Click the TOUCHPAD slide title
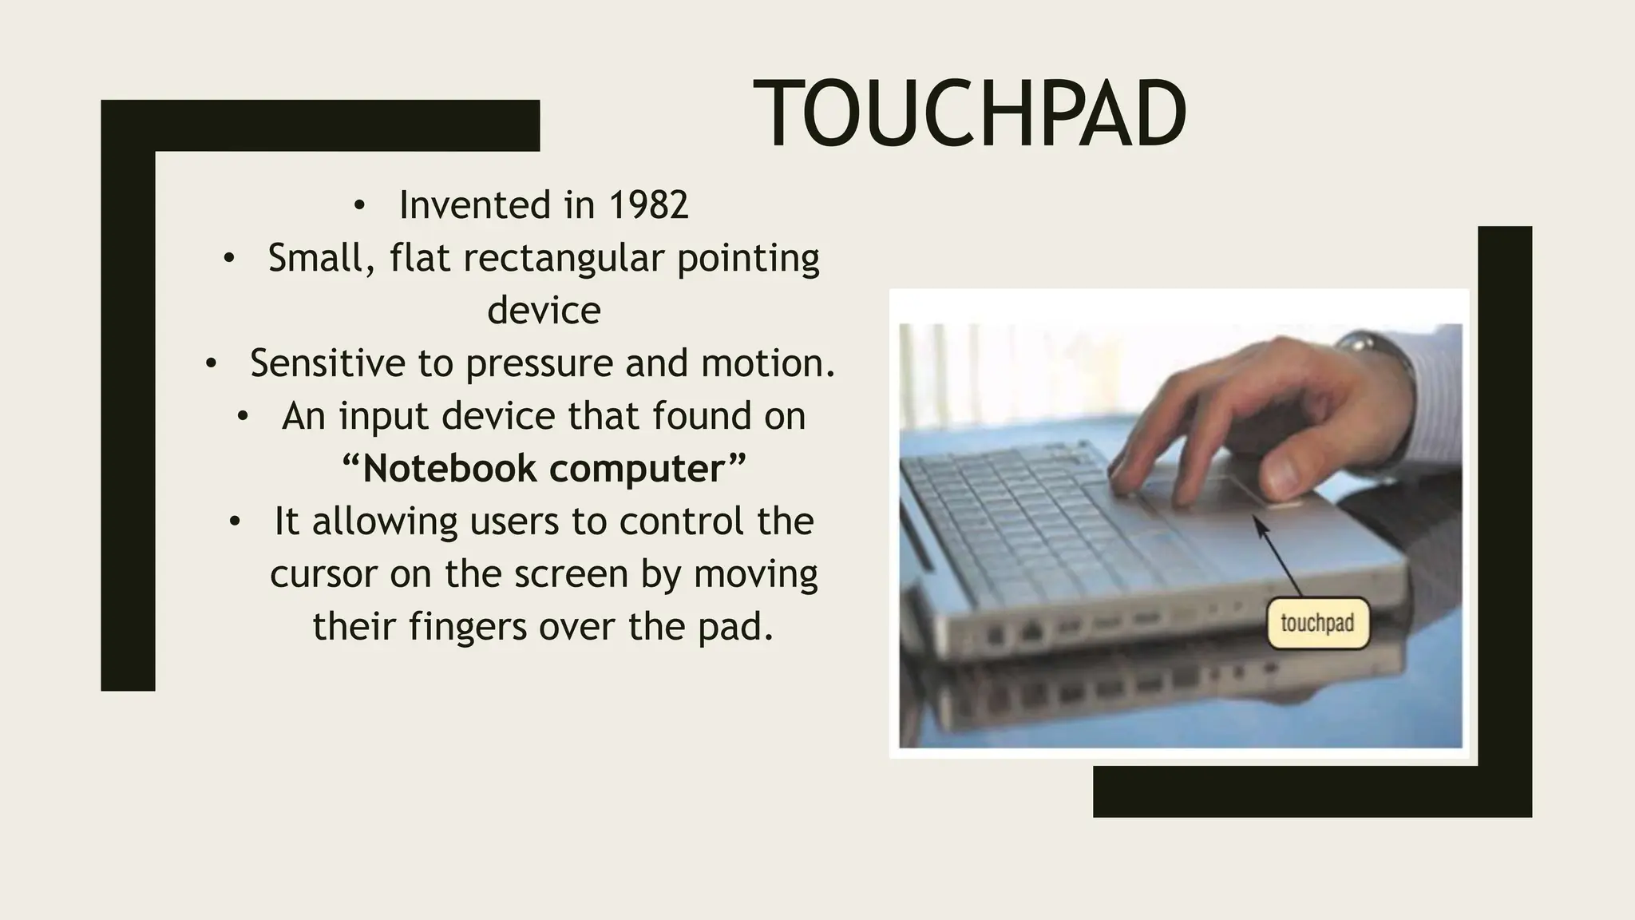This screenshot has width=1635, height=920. (x=969, y=114)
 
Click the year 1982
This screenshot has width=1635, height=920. (x=648, y=205)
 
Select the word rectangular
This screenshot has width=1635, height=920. (x=563, y=258)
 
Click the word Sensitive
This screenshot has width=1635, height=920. (x=327, y=363)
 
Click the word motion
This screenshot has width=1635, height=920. (x=767, y=363)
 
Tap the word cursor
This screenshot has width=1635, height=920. (x=323, y=574)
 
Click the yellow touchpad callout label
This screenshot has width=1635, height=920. (x=1317, y=623)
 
